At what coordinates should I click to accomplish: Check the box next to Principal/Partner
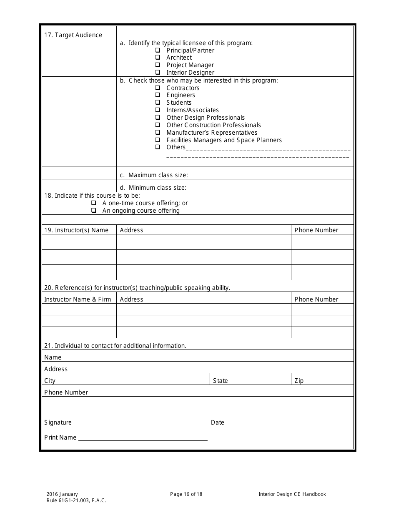pos(158,50)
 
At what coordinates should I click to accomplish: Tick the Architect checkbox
pos(158,58)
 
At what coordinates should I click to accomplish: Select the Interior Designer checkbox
pos(158,73)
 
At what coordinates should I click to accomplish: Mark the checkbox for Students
pos(158,103)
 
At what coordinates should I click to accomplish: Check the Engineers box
pos(158,95)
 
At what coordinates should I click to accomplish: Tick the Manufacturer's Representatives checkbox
pos(158,133)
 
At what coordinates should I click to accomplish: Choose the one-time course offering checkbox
pos(94,203)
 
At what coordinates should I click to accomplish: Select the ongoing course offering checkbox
pos(94,211)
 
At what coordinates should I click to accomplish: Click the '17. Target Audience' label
pos(73,35)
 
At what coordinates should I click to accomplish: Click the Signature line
pos(140,423)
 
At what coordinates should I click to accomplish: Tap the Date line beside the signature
pos(263,423)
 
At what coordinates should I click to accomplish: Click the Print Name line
pos(143,438)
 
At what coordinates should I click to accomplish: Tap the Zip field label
pos(299,381)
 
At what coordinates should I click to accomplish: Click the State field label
pos(220,381)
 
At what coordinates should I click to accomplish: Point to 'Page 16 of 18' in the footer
pos(186,494)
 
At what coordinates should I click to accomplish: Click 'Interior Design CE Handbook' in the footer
pos(292,494)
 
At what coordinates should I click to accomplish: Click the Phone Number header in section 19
pos(316,230)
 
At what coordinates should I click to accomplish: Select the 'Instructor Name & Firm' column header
pos(78,299)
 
